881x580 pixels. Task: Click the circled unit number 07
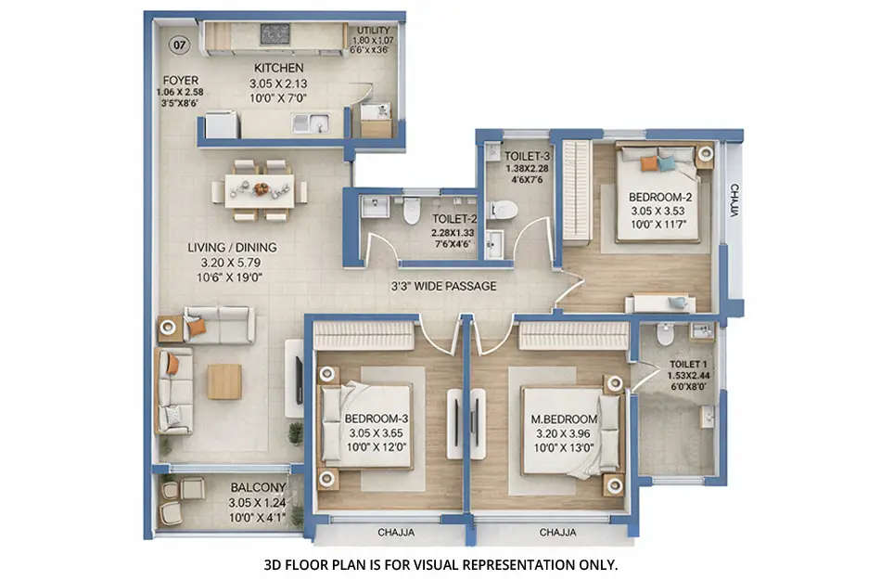coord(179,44)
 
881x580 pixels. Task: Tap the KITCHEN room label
coord(278,68)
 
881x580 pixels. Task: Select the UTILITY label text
coord(375,31)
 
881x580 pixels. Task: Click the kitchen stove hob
coord(275,34)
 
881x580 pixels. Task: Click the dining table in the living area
coord(260,190)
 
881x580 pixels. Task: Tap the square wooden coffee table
coord(223,381)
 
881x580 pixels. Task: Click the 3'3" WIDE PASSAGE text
coord(442,286)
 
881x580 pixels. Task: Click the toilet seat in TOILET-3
coord(504,209)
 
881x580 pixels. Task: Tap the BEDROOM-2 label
coord(660,197)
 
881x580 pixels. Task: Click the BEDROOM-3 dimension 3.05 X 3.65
coord(375,432)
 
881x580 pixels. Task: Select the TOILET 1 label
coord(687,364)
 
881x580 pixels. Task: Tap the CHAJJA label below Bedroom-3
coord(396,533)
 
